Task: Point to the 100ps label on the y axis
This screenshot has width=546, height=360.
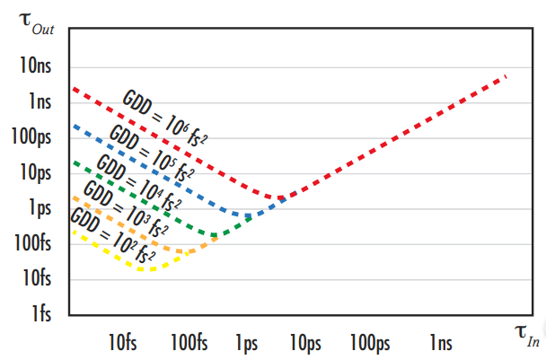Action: pyautogui.click(x=31, y=136)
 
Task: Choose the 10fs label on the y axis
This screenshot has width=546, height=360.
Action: pyautogui.click(x=35, y=278)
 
